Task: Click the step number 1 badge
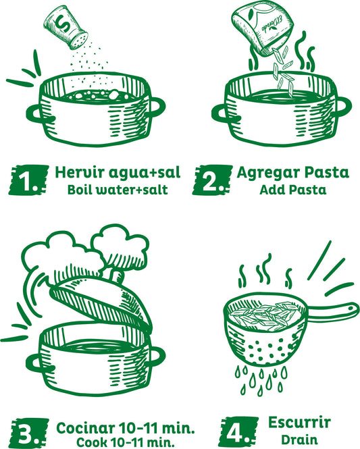(26, 181)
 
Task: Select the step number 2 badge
(209, 181)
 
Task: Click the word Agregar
(264, 172)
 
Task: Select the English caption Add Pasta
(292, 189)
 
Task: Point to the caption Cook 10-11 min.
(125, 442)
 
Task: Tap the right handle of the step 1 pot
(155, 106)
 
